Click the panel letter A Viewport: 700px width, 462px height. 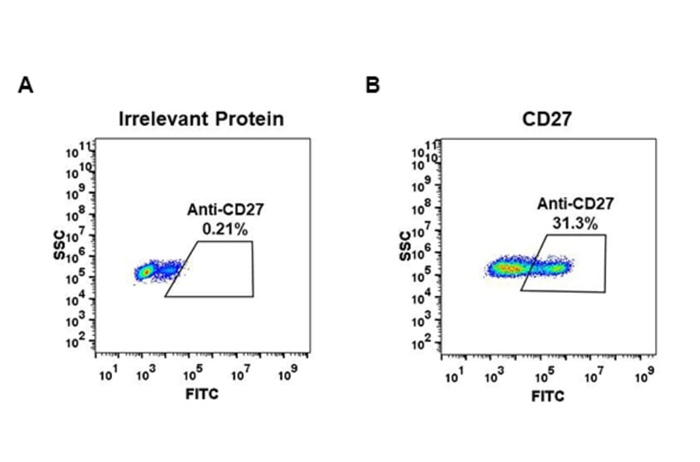[x=26, y=86]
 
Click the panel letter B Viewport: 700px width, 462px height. [x=373, y=86]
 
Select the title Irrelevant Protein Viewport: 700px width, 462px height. [x=201, y=119]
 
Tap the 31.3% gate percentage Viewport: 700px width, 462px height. [x=575, y=224]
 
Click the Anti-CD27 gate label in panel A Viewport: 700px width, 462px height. [x=220, y=209]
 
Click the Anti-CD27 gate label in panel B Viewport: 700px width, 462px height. [x=575, y=205]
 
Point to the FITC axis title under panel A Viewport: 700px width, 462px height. [x=201, y=394]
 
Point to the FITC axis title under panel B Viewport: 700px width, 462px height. [x=548, y=396]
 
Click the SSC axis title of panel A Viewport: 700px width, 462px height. [x=59, y=247]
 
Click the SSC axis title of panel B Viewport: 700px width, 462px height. [x=407, y=246]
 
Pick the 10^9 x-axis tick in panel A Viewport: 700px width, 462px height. [x=287, y=376]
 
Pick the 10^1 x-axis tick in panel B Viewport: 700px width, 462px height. [x=453, y=378]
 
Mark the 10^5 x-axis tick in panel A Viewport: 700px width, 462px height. [x=189, y=376]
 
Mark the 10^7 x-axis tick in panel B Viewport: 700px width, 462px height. [x=593, y=378]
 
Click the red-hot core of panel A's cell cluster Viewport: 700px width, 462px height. [x=145, y=272]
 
